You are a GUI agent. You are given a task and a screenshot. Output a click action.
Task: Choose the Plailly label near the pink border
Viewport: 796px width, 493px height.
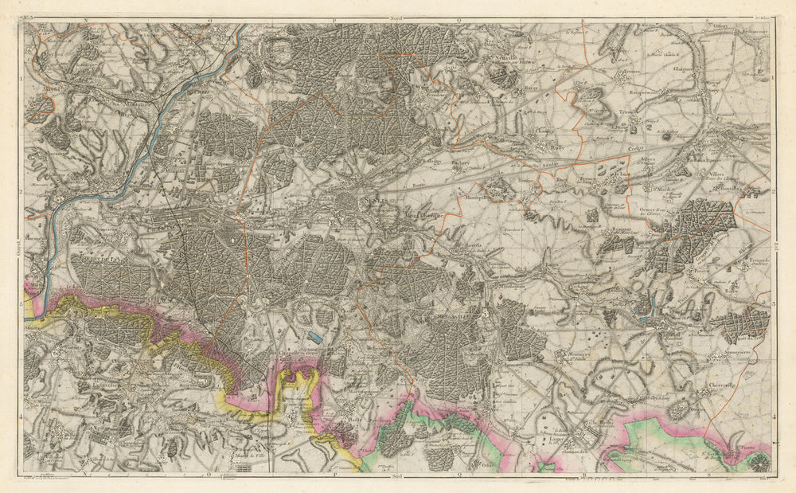[353, 414]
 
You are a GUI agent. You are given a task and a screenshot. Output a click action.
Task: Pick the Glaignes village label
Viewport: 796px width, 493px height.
[683, 69]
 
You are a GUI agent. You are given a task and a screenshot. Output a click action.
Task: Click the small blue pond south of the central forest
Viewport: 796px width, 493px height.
[317, 338]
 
